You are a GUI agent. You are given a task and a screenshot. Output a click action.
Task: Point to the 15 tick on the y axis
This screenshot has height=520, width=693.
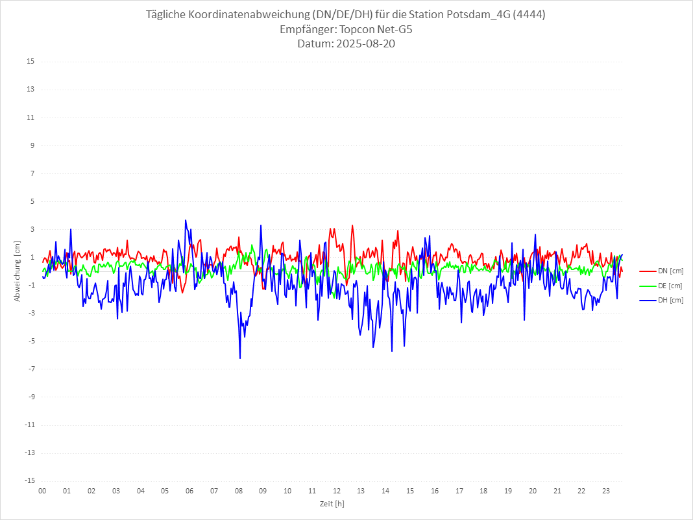point(30,62)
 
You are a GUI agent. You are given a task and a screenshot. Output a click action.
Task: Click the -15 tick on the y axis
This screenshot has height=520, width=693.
point(29,480)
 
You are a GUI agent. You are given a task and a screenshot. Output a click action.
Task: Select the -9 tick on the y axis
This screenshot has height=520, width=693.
point(30,397)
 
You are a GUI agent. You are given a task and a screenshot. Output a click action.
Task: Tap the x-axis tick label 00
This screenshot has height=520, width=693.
point(42,491)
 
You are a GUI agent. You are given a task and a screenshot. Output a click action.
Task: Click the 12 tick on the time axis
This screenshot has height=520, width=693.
point(337,491)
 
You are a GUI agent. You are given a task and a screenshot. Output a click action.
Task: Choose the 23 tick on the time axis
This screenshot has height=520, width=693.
point(606,491)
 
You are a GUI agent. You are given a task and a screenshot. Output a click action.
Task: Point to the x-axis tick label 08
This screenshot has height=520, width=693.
point(239,491)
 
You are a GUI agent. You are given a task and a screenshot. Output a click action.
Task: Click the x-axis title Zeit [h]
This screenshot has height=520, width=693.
point(332,503)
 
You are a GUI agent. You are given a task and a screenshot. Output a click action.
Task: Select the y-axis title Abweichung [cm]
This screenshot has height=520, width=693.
point(18,271)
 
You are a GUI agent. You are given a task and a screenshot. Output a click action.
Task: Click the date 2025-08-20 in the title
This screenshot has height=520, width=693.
point(363,44)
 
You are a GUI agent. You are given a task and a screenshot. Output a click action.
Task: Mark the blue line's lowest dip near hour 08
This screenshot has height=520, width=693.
point(240,358)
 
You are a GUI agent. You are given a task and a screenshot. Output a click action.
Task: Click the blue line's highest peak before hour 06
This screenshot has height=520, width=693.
point(186,220)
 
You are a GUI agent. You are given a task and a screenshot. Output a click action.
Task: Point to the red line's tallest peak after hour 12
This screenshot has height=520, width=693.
point(352,226)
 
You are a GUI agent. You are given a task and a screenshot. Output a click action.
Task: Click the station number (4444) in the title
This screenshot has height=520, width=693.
point(528,14)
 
